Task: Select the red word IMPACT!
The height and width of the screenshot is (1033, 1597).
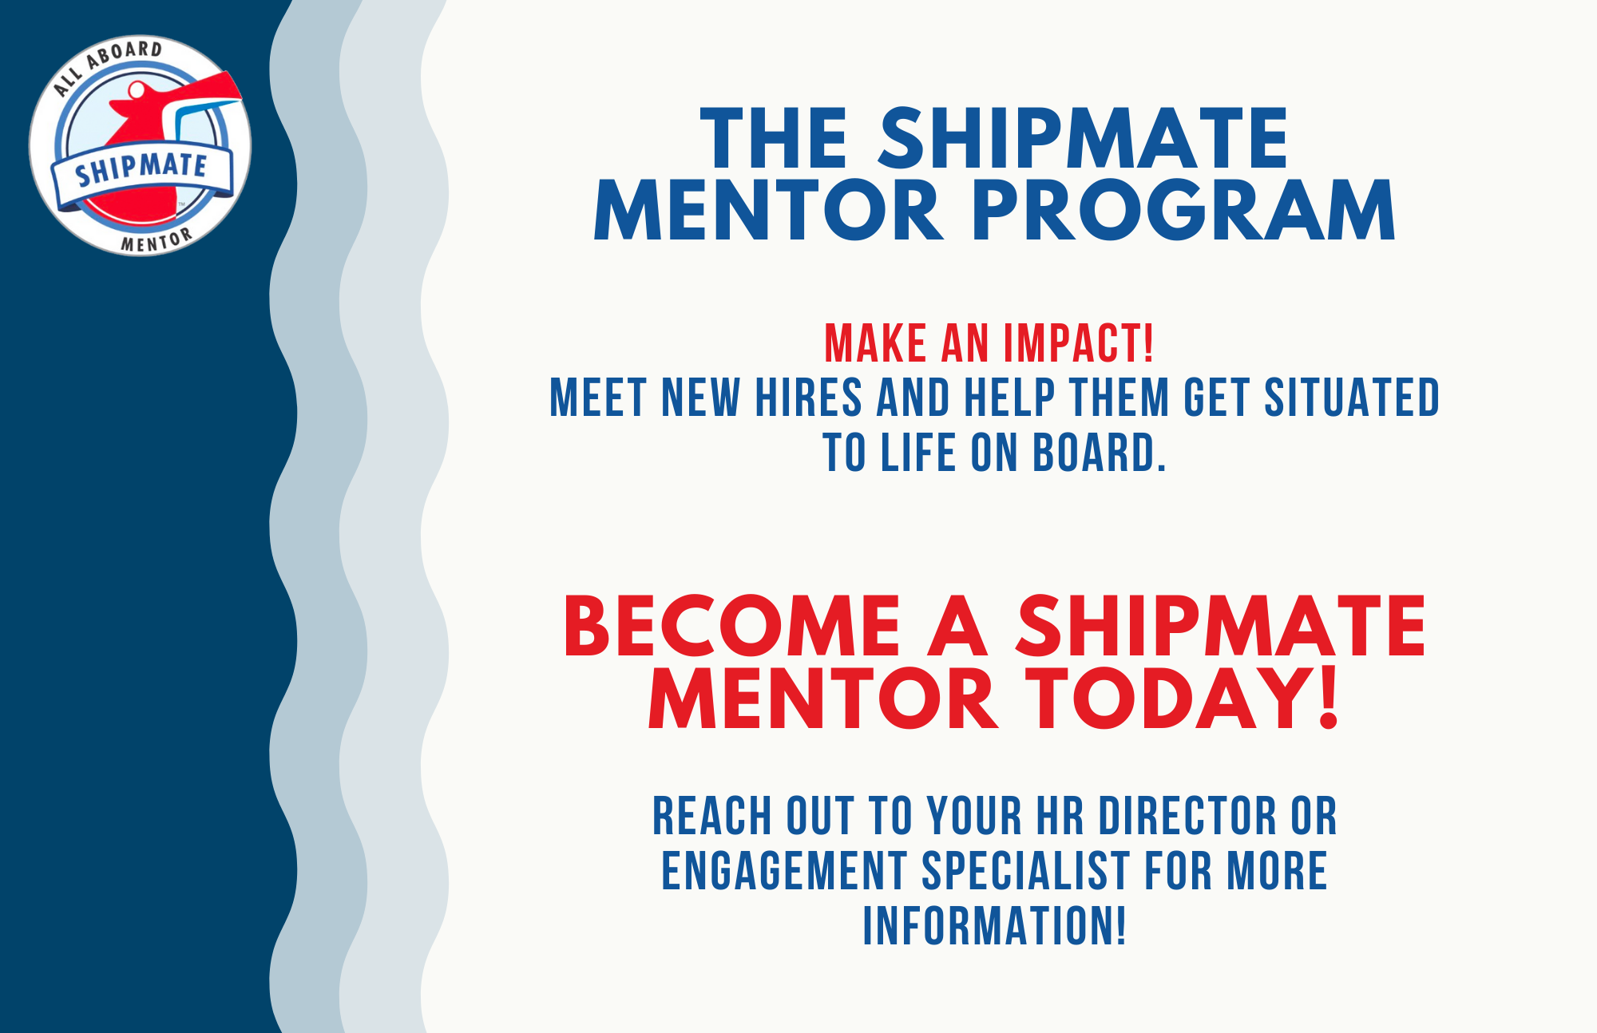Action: (1079, 343)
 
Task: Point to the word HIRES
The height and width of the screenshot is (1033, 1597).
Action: (808, 398)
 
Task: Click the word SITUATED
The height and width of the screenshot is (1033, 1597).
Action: (1351, 398)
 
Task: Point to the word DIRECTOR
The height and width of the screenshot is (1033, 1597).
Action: (1188, 816)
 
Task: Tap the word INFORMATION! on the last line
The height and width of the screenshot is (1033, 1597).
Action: (994, 925)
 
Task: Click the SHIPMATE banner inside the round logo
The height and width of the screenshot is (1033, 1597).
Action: (141, 169)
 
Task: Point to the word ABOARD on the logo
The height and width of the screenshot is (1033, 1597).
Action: (125, 54)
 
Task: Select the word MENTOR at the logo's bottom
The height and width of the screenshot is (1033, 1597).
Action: (157, 240)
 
